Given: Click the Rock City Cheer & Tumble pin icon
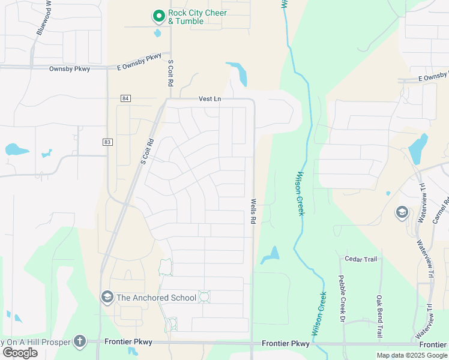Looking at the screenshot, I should point(158,16).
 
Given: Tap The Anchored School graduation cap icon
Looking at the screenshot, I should point(107,297).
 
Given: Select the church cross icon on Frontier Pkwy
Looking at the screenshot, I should point(80,341).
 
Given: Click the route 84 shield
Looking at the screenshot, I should point(125,98).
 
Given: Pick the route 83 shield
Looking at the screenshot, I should point(107,142).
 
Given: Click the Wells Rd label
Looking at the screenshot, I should point(253,212).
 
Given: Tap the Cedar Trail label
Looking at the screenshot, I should point(361,259).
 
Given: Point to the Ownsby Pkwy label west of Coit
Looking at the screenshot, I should point(70,69).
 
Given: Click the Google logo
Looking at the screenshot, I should point(20,352).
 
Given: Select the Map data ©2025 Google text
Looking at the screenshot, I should point(412,355).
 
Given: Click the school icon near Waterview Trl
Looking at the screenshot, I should point(402,212).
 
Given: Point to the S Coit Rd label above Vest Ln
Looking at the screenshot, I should point(170,74).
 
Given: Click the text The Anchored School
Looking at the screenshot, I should point(156,298).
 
